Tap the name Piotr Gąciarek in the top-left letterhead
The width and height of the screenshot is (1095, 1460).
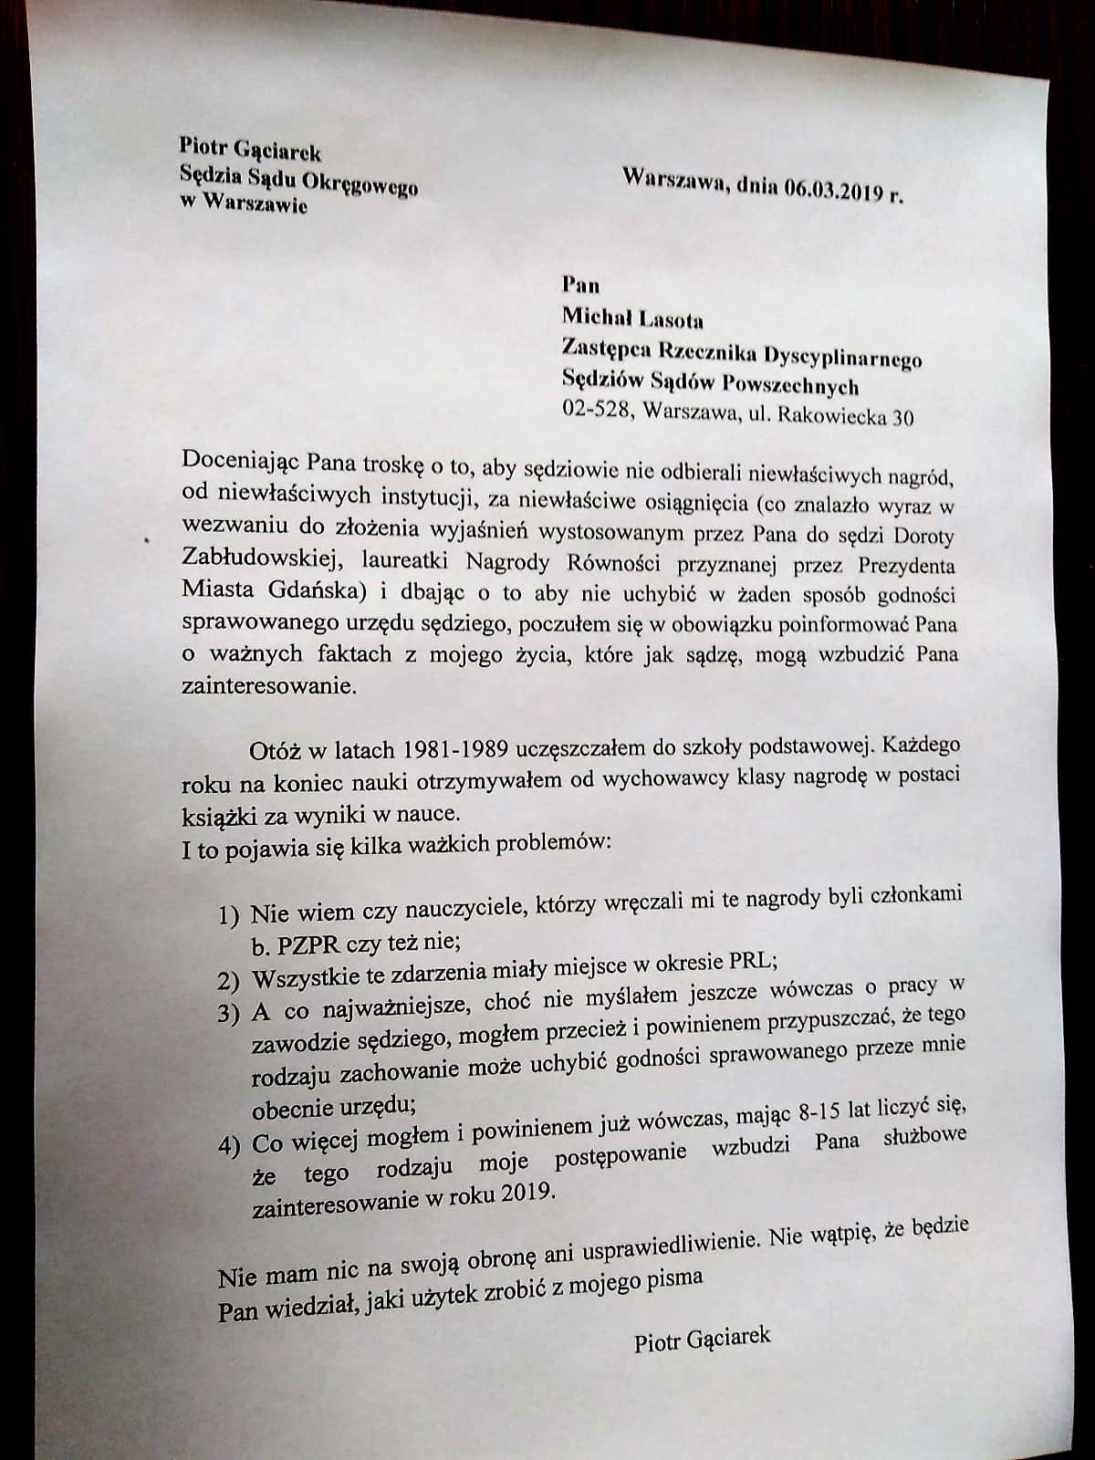250,148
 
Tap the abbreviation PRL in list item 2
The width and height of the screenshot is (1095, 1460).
751,959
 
